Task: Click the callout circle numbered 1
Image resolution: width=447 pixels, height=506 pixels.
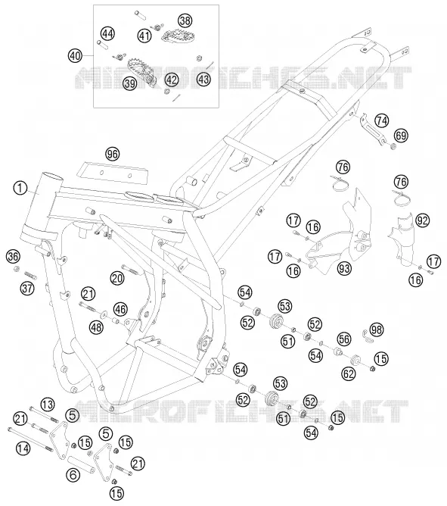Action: [x=20, y=188]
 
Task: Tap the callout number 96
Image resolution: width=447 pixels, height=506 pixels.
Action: [x=113, y=155]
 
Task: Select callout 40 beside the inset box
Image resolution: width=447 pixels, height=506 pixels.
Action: [x=75, y=56]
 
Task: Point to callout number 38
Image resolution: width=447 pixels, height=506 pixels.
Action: [x=185, y=20]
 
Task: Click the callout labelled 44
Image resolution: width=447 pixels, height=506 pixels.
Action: [x=107, y=33]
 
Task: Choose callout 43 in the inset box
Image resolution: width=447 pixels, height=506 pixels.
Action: [x=203, y=80]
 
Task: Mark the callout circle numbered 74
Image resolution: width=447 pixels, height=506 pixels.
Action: [x=382, y=120]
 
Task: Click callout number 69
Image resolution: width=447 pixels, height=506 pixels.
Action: [x=401, y=136]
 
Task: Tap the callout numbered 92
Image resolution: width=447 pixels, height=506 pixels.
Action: [x=423, y=220]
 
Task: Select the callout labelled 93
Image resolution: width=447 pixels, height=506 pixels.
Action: [x=345, y=268]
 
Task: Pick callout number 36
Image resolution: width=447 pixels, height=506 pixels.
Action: [x=13, y=257]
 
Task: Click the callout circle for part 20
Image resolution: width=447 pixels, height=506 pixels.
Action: [x=117, y=278]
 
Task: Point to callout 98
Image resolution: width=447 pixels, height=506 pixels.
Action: [x=376, y=330]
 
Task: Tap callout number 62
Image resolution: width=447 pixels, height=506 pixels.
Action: [x=349, y=373]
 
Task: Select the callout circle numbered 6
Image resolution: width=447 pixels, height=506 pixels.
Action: [x=73, y=475]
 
